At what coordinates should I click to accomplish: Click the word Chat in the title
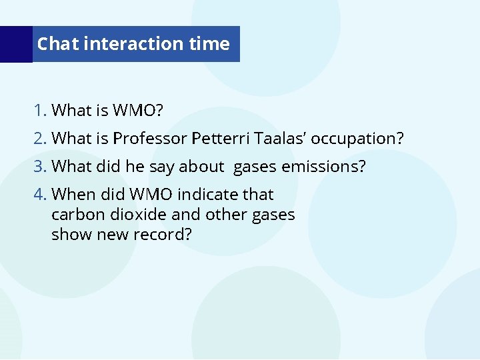58,44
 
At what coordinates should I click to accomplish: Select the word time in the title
209,44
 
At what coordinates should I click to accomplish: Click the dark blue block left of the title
16,44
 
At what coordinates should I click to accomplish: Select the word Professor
149,139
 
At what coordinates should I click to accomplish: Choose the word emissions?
323,166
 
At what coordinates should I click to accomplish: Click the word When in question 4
73,194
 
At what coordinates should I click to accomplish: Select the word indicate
209,194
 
